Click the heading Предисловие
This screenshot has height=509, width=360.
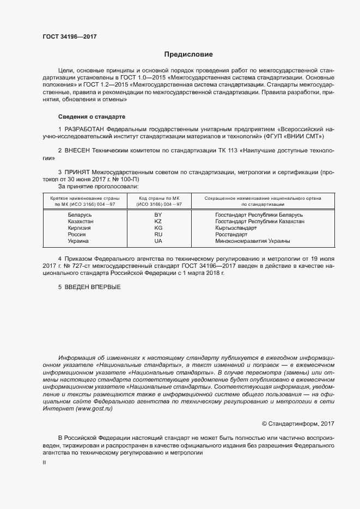(x=188, y=54)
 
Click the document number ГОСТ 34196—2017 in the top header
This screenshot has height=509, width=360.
(x=70, y=37)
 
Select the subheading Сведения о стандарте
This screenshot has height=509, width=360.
(x=91, y=116)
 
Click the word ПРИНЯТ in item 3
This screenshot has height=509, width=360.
(x=78, y=171)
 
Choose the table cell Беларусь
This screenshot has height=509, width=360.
(x=80, y=215)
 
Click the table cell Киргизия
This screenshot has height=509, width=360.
(x=80, y=228)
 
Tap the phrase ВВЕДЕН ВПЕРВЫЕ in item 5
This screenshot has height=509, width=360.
(x=93, y=287)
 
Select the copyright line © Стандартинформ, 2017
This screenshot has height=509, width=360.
(x=298, y=424)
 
